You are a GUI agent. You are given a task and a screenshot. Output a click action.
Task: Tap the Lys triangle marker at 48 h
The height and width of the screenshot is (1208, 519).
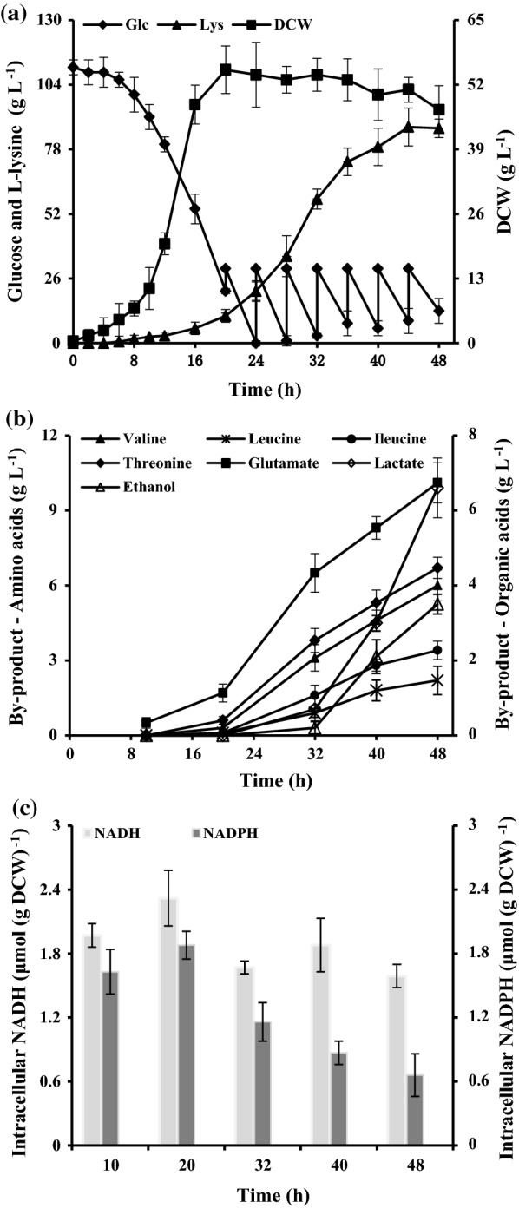pos(439,128)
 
